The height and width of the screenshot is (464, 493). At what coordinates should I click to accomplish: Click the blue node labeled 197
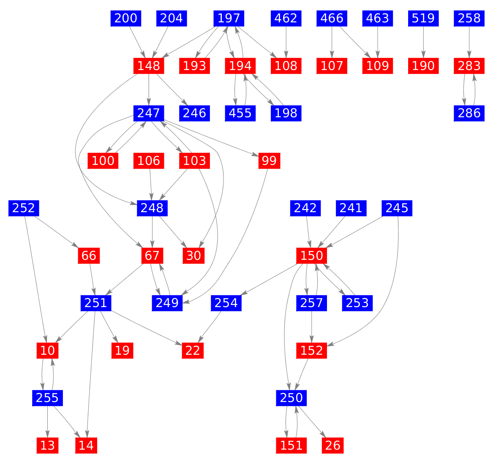229,19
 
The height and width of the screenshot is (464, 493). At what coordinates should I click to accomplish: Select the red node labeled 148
149,66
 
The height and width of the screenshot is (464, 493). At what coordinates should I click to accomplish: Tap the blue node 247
149,113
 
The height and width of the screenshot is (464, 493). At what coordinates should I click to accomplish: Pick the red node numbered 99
269,161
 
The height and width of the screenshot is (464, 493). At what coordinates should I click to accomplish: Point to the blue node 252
24,208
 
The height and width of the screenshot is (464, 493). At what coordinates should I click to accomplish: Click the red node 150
312,255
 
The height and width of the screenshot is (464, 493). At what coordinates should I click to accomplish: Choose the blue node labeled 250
291,397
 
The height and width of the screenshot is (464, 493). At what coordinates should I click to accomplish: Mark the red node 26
333,445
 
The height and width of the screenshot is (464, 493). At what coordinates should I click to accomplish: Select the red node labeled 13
47,445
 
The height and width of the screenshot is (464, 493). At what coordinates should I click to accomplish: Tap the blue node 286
469,113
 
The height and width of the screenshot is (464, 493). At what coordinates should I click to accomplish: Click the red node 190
423,66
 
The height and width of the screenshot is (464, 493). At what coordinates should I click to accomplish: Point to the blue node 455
240,113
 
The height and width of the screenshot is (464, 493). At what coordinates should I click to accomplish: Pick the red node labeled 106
149,161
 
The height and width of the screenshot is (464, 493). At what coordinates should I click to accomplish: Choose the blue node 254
226,303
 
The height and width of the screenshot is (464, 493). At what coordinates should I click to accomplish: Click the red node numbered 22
193,350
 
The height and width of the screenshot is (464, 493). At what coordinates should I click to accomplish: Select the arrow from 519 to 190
423,42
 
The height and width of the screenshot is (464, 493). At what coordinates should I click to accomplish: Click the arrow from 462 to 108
286,42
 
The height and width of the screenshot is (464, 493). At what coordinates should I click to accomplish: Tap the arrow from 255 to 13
47,421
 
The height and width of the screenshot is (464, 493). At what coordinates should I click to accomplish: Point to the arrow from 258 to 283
469,42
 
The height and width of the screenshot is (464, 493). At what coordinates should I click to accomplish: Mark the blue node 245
397,208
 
